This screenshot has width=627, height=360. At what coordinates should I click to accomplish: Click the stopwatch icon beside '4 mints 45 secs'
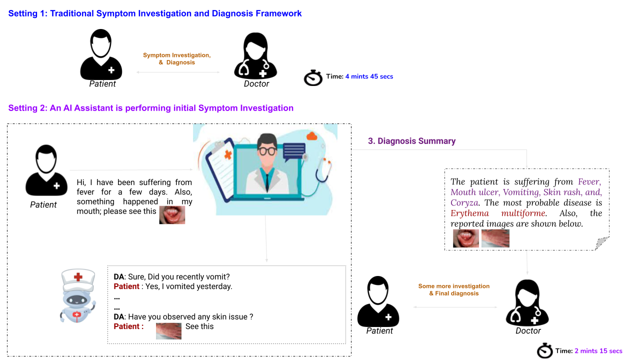313,78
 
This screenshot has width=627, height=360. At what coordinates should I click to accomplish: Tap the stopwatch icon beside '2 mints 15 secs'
545,351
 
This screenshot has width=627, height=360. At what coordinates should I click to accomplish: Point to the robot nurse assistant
77,295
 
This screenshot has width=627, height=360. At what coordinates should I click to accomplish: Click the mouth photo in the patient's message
172,214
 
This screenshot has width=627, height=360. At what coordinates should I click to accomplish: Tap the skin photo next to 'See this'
168,330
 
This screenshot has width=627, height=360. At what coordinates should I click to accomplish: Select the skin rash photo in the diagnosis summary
495,238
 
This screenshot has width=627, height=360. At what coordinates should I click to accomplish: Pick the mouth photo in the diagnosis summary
466,238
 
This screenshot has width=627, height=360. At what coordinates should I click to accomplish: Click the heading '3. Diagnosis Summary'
411,141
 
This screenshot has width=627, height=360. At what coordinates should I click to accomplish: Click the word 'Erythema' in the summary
469,213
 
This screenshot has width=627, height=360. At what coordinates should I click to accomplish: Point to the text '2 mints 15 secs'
598,351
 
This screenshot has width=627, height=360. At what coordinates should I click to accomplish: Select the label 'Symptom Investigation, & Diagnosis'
177,58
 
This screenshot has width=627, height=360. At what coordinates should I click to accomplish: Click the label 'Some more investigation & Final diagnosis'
454,289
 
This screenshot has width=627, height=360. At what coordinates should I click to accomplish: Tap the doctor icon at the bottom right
527,303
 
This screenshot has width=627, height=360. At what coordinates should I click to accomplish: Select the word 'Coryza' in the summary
464,202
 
